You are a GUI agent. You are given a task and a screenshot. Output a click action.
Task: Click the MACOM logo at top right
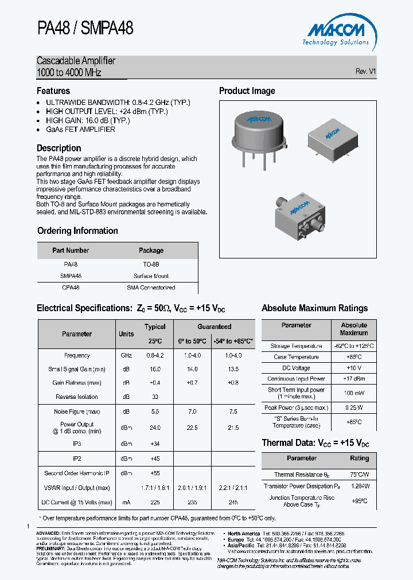click(336, 32)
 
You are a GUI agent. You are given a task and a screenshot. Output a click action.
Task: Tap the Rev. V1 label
click(365, 72)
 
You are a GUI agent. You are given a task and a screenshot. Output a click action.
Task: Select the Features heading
click(53, 91)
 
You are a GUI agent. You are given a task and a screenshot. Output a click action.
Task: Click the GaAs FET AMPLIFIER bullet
click(80, 130)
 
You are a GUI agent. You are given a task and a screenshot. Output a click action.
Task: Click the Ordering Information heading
click(77, 231)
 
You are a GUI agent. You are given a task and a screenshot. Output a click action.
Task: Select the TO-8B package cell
click(151, 265)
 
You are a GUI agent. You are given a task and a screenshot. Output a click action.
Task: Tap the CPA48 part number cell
click(71, 288)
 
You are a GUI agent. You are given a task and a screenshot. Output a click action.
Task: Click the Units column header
click(126, 334)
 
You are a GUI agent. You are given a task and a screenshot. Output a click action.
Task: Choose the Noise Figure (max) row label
click(77, 412)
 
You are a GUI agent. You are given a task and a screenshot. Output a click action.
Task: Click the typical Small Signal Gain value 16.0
click(155, 370)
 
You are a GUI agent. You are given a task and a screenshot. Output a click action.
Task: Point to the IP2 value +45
click(155, 458)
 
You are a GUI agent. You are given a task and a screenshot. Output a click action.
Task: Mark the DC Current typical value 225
click(155, 502)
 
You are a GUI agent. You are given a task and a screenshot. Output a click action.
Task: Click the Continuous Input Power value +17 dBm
click(354, 379)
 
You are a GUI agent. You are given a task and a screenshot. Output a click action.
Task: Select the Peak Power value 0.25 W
click(354, 407)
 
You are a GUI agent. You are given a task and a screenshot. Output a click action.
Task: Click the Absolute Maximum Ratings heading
click(314, 308)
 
